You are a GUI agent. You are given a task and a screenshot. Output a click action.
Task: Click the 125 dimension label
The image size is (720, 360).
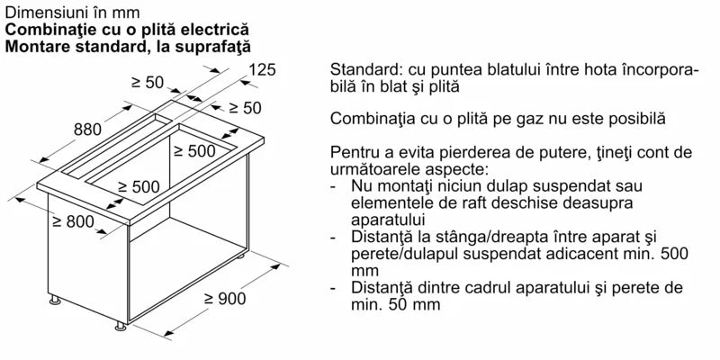pos(261,69)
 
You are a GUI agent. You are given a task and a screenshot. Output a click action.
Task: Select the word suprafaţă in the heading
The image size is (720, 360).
pos(210,45)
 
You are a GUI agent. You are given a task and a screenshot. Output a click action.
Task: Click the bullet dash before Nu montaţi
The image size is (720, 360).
pos(335,185)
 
